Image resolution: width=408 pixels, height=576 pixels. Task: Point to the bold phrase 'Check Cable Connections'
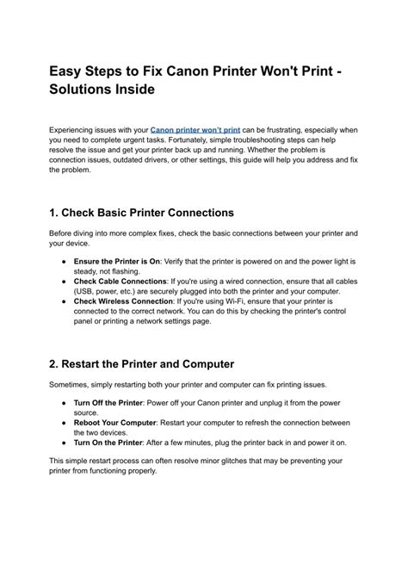click(120, 282)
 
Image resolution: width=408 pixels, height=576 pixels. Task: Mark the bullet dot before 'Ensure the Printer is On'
click(65, 260)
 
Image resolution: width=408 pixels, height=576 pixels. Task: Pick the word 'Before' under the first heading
click(62, 233)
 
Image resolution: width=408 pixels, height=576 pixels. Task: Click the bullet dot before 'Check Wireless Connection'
click(65, 302)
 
